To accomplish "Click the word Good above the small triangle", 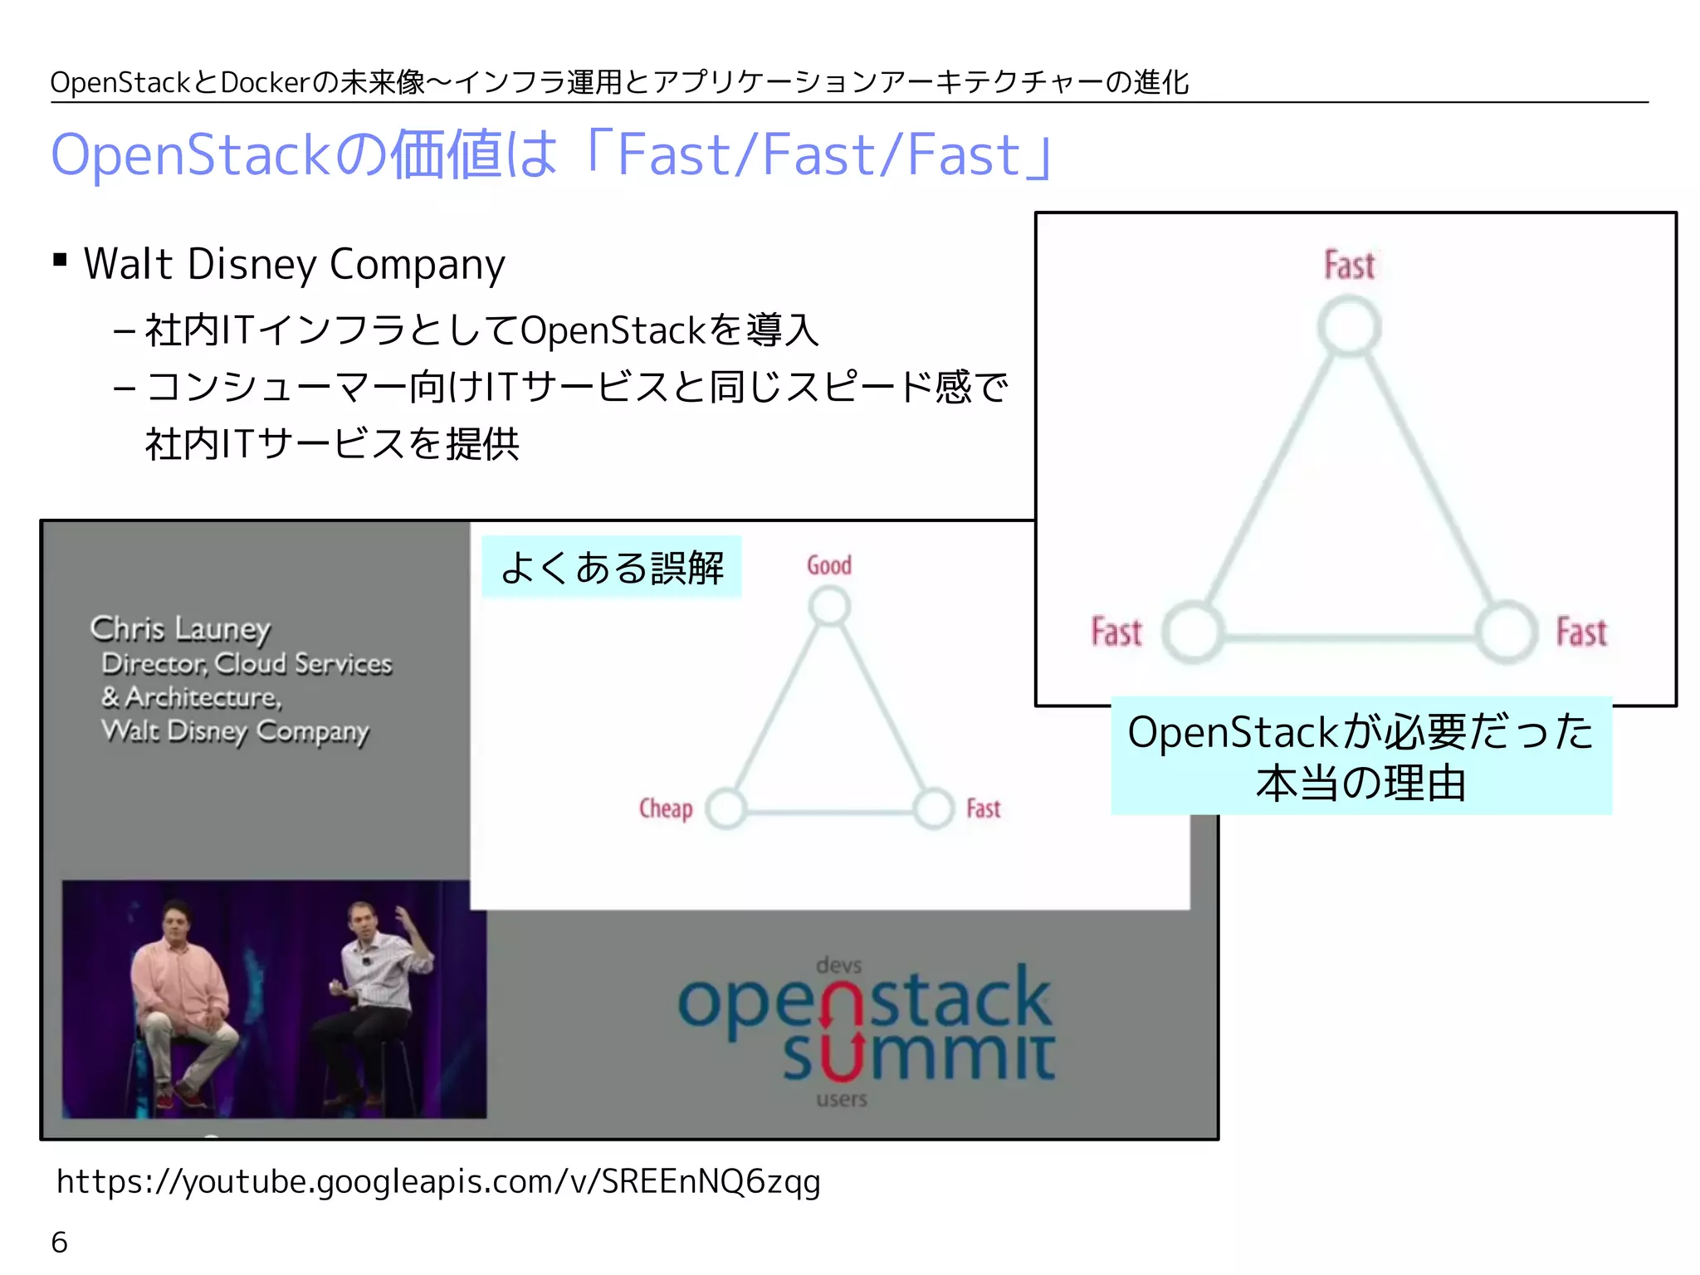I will point(829,565).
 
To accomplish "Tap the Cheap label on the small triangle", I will point(665,808).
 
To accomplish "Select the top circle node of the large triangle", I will point(1350,325).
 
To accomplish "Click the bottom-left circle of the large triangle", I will point(1193,633).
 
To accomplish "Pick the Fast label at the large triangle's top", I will point(1350,266).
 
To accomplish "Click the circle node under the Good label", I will point(830,607).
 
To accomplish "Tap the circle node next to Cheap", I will point(727,808).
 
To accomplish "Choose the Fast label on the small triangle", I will point(984,808).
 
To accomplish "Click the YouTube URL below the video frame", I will point(438,1181).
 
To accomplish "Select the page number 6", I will point(59,1243).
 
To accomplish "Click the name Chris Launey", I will point(180,629).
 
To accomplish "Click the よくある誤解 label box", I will point(612,568).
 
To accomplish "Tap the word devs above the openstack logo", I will point(838,965).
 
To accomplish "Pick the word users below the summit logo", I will point(841,1100).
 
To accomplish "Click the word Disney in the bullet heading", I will point(252,265).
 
